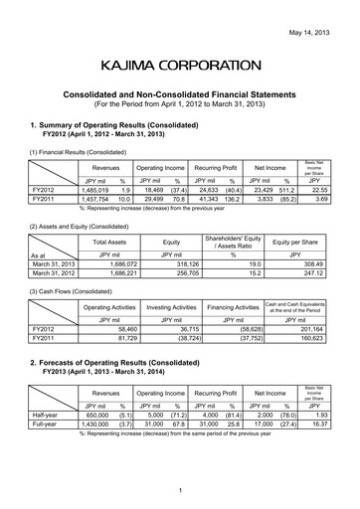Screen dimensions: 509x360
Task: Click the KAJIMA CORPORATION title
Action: (180, 65)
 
